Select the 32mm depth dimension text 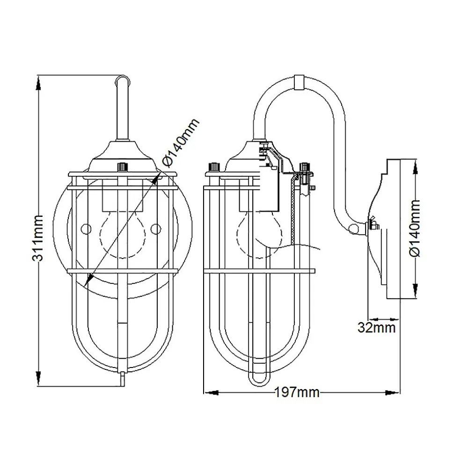pos(377,327)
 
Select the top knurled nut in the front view pos(123,166)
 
